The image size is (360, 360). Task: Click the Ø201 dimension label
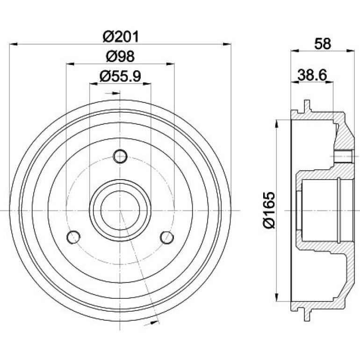pos(121,37)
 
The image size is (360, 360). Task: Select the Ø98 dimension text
pos(120,56)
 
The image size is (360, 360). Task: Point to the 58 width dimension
pos(323,43)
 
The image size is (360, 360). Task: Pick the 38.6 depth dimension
pos(312,75)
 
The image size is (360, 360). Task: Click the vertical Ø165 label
pos(269,210)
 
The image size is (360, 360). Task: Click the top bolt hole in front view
pos(120,156)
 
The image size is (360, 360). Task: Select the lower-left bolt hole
pos(73,237)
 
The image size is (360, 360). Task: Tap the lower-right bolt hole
pos(167,237)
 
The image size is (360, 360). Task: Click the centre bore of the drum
pos(120,210)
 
